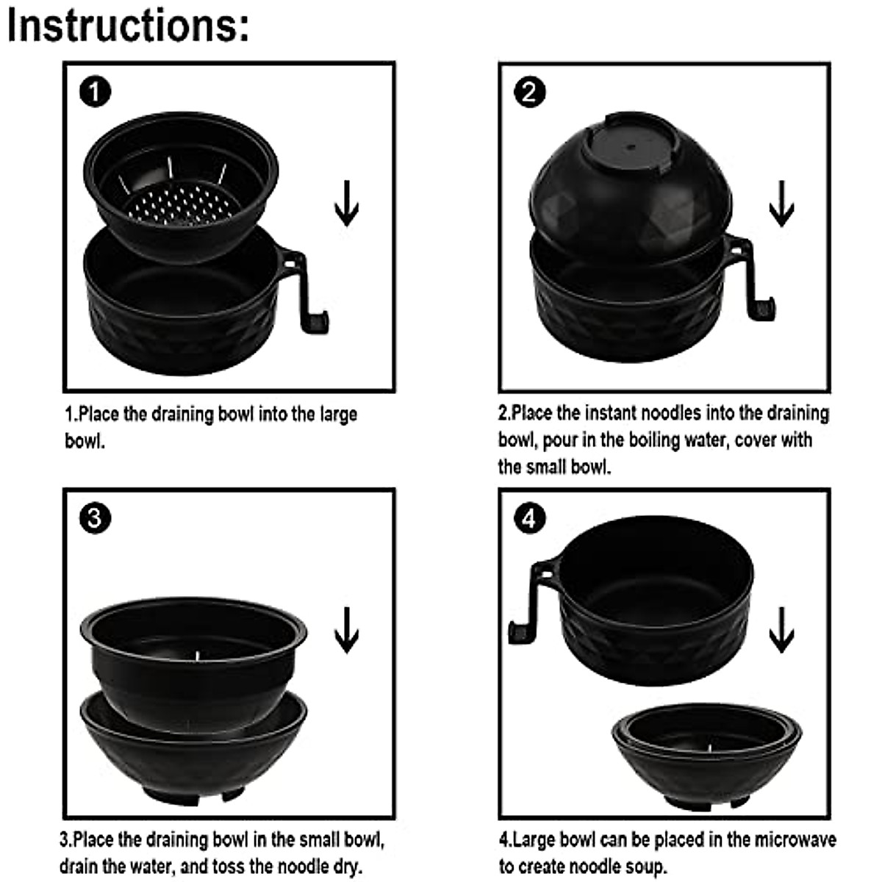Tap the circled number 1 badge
click(x=96, y=92)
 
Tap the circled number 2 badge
click(x=529, y=92)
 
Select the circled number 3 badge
click(x=96, y=519)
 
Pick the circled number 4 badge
click(x=529, y=519)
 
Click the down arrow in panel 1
click(x=346, y=203)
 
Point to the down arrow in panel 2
click(x=781, y=203)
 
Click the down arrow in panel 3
click(x=346, y=630)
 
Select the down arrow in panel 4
click(x=781, y=630)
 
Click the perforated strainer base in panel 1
click(x=182, y=204)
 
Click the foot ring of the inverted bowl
click(x=631, y=143)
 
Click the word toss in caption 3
click(x=248, y=866)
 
